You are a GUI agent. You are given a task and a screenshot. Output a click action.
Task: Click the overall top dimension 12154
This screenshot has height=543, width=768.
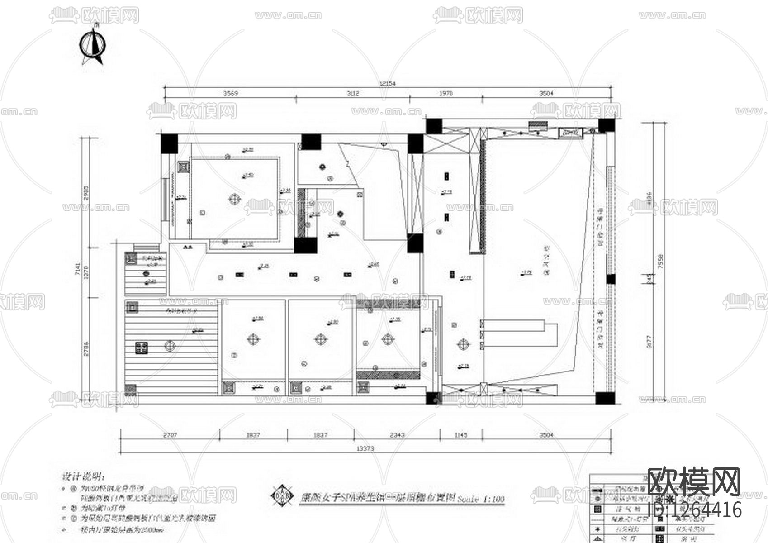tap(388, 83)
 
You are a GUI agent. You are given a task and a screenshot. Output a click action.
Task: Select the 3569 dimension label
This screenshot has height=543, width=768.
tap(230, 94)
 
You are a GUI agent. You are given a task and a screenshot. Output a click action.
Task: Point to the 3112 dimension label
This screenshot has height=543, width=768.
tap(353, 94)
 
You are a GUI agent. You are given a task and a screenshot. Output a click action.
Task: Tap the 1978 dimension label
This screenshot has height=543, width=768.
tap(446, 94)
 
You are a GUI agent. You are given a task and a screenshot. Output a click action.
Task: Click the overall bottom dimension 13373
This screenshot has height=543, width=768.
tap(365, 448)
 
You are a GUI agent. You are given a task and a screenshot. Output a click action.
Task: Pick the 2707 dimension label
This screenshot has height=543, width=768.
tap(170, 435)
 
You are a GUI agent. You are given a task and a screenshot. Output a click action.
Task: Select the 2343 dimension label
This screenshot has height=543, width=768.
tap(397, 435)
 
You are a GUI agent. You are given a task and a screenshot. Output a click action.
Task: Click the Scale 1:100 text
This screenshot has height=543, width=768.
tap(481, 500)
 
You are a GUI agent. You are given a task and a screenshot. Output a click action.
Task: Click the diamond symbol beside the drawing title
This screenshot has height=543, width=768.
tap(280, 495)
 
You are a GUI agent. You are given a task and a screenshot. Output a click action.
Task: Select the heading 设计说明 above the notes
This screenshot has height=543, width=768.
tap(83, 476)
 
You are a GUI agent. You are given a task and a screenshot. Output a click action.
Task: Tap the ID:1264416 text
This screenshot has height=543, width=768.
tap(695, 510)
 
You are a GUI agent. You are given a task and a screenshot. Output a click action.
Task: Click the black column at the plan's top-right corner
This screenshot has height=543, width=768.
tap(607, 125)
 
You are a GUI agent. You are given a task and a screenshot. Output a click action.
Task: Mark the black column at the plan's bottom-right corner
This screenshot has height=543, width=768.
tap(605, 398)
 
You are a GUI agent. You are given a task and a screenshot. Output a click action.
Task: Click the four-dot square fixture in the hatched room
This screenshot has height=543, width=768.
tap(142, 348)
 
